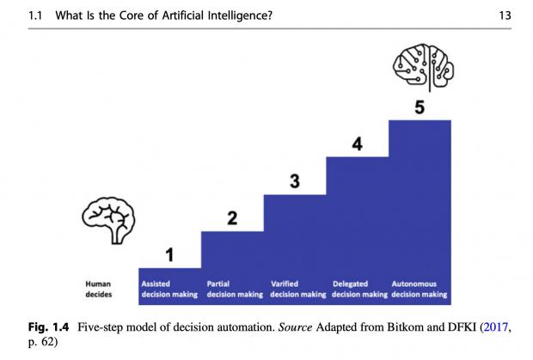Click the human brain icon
coord(108,220)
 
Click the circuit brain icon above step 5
coord(424,67)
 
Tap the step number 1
coord(169,254)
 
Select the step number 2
coord(232,218)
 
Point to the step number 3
coord(295,181)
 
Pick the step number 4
coord(358,144)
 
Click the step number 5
coord(420,107)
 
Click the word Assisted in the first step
coord(156,284)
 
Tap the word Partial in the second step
coord(218,284)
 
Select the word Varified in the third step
coord(285,284)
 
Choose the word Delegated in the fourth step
coord(350,284)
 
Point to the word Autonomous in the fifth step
coord(414,284)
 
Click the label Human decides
coord(98,289)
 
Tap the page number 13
coord(505,15)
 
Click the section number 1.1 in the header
coord(35,15)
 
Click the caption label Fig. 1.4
coord(49,327)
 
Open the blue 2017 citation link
coord(496,327)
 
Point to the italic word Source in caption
coord(295,327)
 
